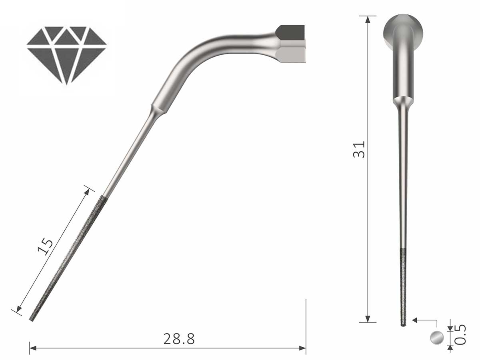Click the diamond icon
click(66, 54)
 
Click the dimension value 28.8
click(179, 339)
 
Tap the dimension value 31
click(359, 149)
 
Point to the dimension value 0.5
click(461, 334)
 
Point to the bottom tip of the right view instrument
click(403, 324)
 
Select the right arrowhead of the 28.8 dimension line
click(303, 348)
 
